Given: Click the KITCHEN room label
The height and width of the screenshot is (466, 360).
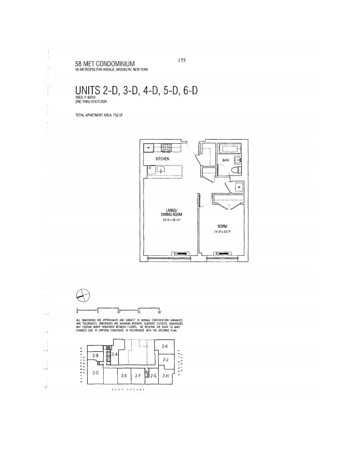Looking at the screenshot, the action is (162, 158).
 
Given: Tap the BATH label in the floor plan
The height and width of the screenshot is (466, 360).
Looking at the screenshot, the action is (226, 161).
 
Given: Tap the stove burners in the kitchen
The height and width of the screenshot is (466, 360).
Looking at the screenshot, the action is (167, 147).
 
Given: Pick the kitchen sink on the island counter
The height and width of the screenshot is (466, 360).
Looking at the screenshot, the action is (161, 169).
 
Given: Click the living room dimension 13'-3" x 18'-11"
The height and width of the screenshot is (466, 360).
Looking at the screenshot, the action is (171, 220).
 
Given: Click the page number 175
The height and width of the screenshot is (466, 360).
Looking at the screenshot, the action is (182, 60).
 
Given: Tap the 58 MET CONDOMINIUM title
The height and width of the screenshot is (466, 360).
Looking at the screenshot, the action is (101, 64).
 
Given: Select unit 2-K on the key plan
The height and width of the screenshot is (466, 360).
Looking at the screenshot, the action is (165, 346).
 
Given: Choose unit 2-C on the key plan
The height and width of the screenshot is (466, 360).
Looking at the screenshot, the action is (95, 373).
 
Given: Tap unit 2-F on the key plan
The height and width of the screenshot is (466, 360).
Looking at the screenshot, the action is (137, 376).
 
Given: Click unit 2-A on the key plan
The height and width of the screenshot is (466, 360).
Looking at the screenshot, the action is (115, 354).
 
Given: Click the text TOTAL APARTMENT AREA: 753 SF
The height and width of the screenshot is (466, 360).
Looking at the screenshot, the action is (99, 115).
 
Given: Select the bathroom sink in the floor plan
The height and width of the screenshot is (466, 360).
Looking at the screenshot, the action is (238, 160).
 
